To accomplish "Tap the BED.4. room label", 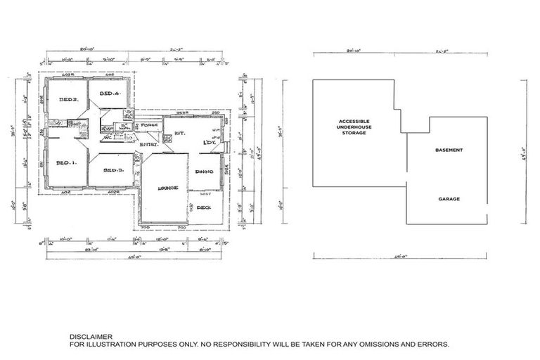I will click(x=109, y=94).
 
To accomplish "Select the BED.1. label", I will click(x=65, y=163).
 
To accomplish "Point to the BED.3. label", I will click(x=113, y=170).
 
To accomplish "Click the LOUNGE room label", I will click(x=167, y=188).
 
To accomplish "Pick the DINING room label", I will click(x=205, y=172).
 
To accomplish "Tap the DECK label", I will click(x=204, y=207).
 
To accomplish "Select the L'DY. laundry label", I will click(x=209, y=143).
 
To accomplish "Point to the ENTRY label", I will click(x=148, y=144).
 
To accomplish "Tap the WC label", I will click(x=108, y=138).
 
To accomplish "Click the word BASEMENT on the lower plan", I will click(x=449, y=150).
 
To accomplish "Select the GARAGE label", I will click(x=449, y=199).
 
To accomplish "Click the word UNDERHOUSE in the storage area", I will click(x=354, y=127).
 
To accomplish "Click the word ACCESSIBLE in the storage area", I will click(x=354, y=121).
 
